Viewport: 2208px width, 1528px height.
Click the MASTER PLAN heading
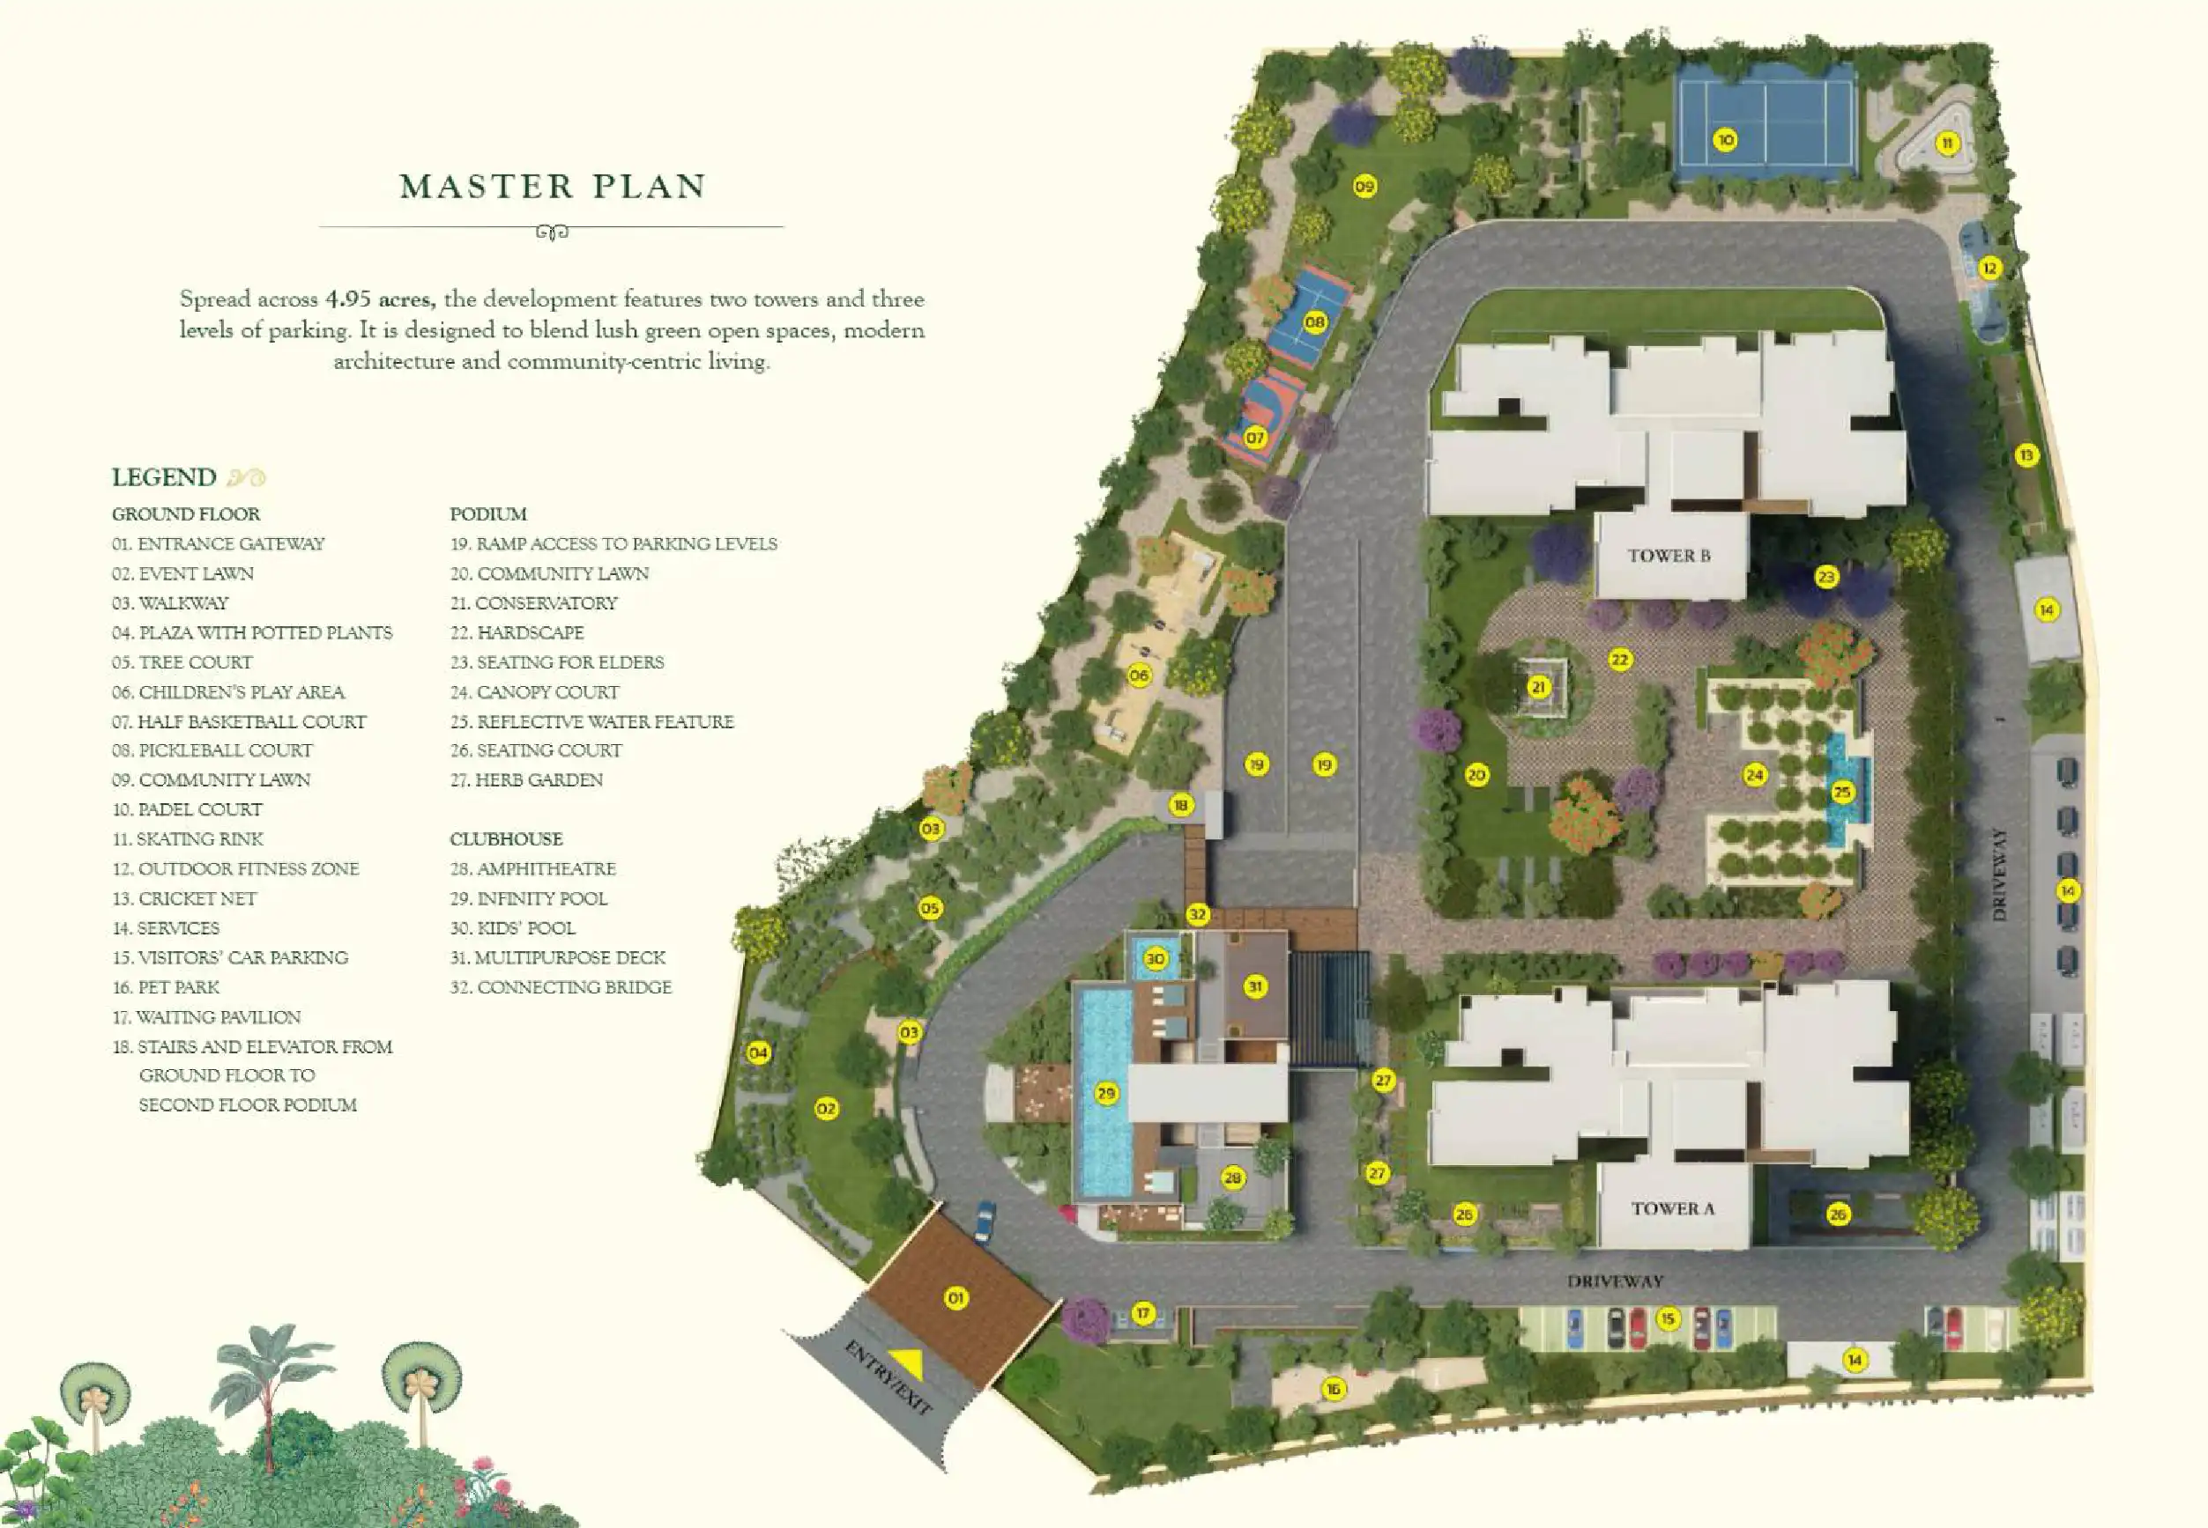point(553,186)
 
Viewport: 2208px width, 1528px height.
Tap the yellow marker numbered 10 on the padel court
point(1725,141)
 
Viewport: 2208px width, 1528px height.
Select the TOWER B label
point(1669,556)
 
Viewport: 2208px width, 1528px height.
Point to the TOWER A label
point(1672,1208)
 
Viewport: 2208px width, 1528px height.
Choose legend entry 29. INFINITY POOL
point(529,898)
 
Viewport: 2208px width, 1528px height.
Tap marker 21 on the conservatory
point(1538,686)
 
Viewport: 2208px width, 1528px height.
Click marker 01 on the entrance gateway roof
point(956,1297)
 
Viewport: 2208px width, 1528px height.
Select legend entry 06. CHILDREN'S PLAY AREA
point(228,691)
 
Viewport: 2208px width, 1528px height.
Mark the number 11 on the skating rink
point(1947,144)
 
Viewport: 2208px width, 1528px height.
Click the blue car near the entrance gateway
point(985,1221)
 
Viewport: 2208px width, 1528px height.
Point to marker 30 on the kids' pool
point(1156,958)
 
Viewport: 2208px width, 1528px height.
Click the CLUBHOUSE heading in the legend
point(506,838)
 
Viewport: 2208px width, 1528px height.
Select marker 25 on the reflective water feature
point(1842,792)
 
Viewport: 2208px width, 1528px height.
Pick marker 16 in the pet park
point(1334,1388)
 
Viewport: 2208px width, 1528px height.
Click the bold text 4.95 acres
point(380,299)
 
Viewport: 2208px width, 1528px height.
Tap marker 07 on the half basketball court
point(1255,438)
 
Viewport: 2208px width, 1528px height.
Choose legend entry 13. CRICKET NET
point(184,898)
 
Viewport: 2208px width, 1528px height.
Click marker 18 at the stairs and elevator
point(1181,805)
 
